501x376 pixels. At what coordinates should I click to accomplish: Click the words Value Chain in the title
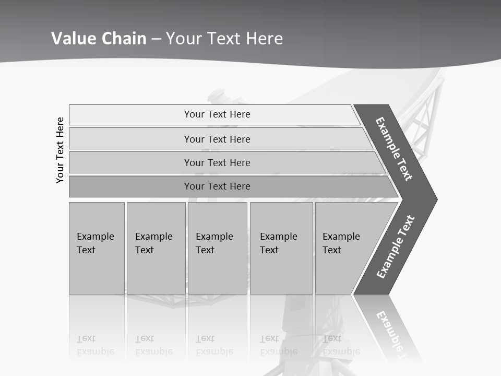click(x=99, y=39)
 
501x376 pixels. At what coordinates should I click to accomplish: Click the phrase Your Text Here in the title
click(x=224, y=39)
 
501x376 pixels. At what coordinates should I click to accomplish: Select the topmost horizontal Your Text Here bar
click(x=217, y=114)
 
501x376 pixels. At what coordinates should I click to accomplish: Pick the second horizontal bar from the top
click(x=217, y=139)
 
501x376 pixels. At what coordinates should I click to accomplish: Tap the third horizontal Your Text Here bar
click(x=217, y=162)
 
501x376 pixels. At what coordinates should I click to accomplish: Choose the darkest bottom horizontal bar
click(x=217, y=186)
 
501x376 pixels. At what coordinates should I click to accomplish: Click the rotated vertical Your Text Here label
click(x=60, y=150)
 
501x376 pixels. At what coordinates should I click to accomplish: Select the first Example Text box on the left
click(x=96, y=248)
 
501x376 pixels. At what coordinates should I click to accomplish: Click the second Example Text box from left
click(x=155, y=248)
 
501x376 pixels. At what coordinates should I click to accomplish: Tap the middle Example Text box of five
click(x=217, y=248)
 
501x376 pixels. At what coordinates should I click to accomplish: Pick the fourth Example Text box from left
click(x=281, y=248)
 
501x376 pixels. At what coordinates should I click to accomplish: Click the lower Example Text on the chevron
click(x=395, y=246)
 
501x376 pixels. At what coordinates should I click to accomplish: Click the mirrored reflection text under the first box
click(x=96, y=345)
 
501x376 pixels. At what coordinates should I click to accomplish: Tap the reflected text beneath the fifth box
click(x=340, y=345)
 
